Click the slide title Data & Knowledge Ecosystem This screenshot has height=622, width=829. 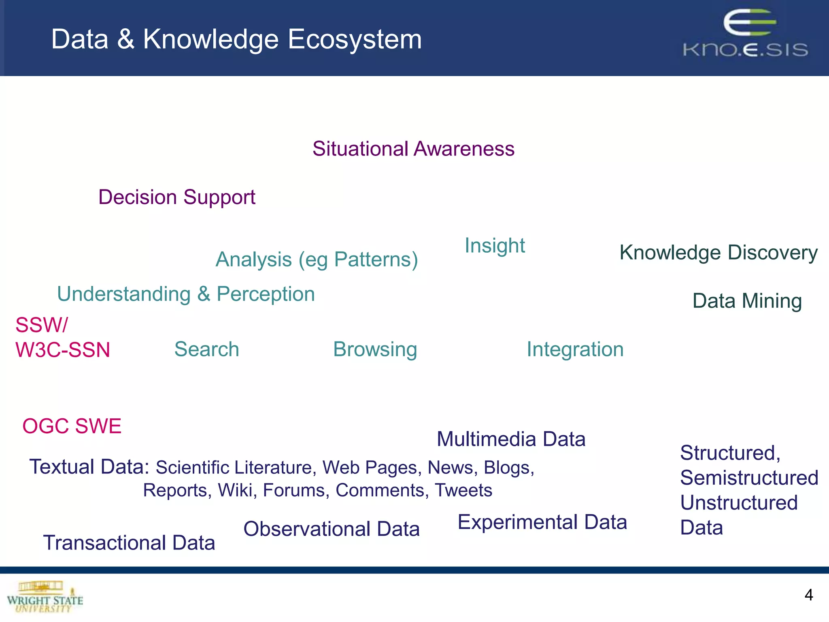pyautogui.click(x=236, y=39)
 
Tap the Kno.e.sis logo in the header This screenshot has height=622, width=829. pyautogui.click(x=745, y=34)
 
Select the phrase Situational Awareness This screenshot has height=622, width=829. pyautogui.click(x=413, y=149)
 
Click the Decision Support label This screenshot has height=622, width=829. pyautogui.click(x=176, y=197)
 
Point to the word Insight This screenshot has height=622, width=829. pyautogui.click(x=495, y=245)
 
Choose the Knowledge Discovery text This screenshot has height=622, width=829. pyautogui.click(x=718, y=253)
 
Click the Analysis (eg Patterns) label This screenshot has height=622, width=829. pyautogui.click(x=317, y=260)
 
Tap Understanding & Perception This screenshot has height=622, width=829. pyautogui.click(x=186, y=294)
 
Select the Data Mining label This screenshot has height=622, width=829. pyautogui.click(x=747, y=301)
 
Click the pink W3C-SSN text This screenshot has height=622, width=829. pyautogui.click(x=63, y=350)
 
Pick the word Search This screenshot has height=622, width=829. pyautogui.click(x=206, y=349)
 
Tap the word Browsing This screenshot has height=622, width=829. pyautogui.click(x=375, y=349)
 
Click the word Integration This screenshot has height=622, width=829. pyautogui.click(x=575, y=349)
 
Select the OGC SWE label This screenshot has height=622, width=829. pyautogui.click(x=72, y=426)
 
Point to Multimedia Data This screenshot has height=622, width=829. pyautogui.click(x=511, y=439)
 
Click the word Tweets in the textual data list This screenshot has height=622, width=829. pyautogui.click(x=463, y=490)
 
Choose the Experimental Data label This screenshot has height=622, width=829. pyautogui.click(x=542, y=522)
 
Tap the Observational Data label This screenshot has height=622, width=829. pyautogui.click(x=331, y=529)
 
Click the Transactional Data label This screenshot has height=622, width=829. pyautogui.click(x=129, y=543)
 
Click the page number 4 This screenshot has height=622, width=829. pyautogui.click(x=808, y=595)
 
